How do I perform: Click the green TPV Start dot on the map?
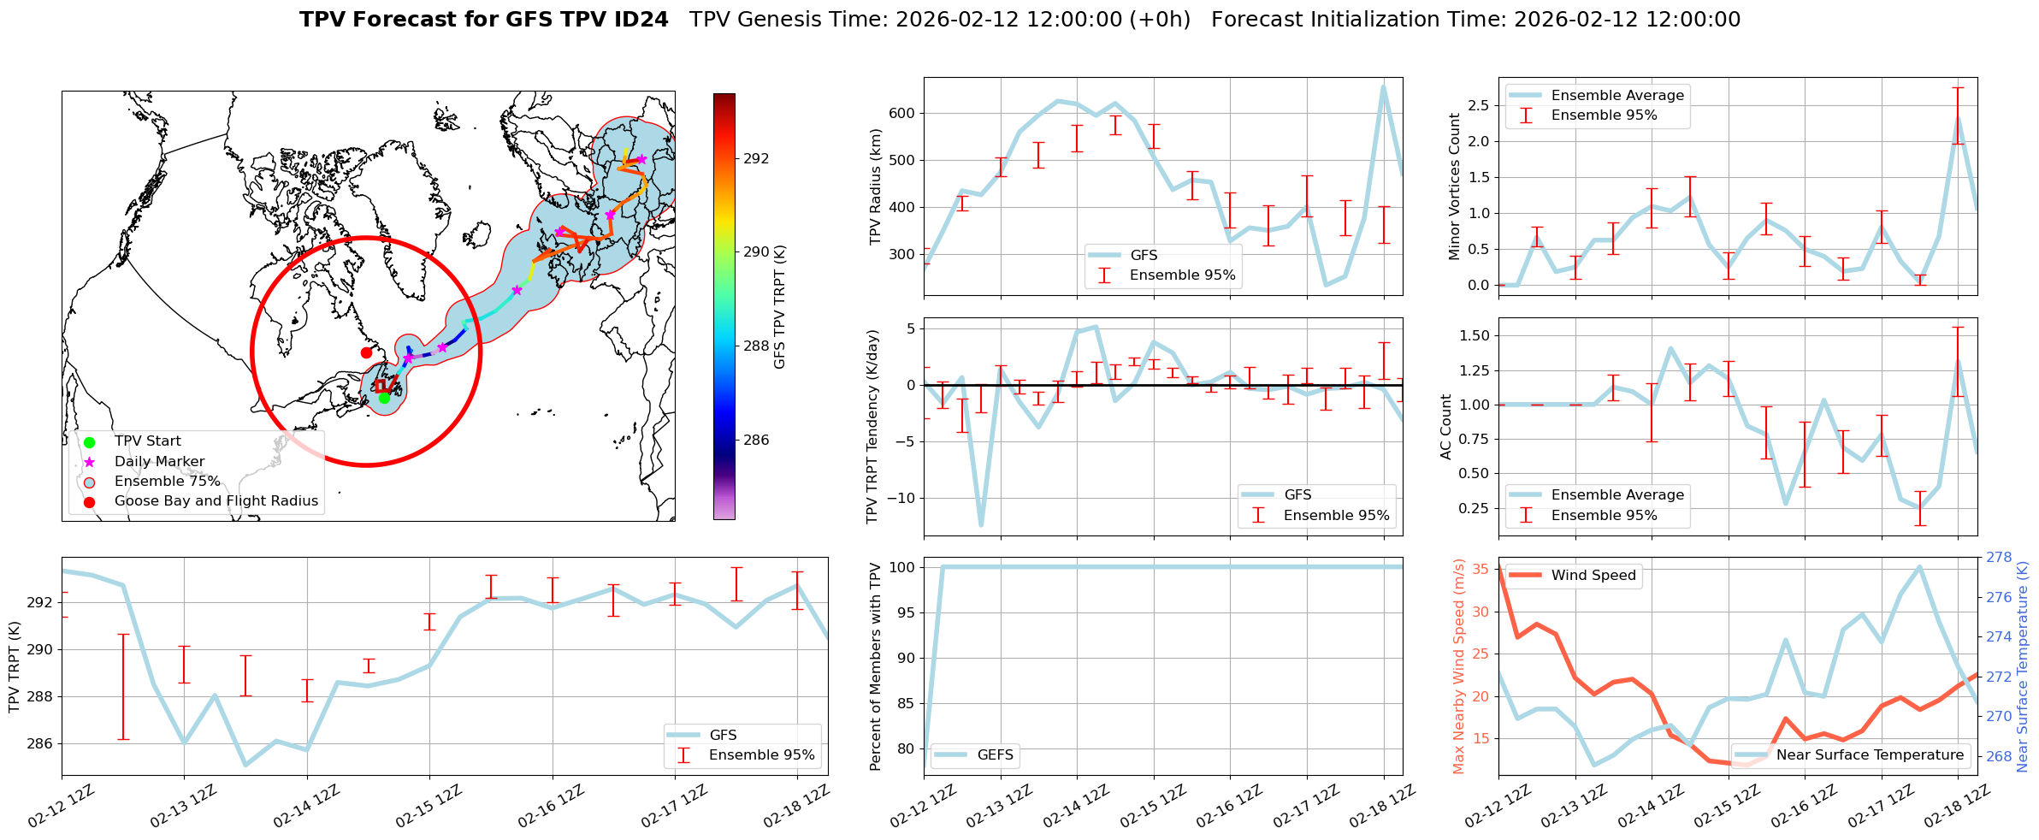click(x=384, y=398)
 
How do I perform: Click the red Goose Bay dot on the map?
click(x=366, y=352)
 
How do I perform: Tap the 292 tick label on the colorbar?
click(x=756, y=158)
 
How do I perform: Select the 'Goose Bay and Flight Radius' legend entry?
click(x=216, y=501)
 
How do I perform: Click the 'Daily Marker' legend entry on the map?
click(x=159, y=462)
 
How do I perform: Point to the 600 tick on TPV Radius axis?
click(x=902, y=113)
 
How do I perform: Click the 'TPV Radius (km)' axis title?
click(x=875, y=186)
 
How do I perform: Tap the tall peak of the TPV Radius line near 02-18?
click(x=1383, y=86)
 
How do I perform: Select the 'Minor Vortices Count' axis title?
click(x=1455, y=186)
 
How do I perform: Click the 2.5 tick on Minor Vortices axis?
click(x=1477, y=105)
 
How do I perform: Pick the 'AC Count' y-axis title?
click(x=1446, y=427)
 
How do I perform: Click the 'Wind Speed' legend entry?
click(x=1593, y=576)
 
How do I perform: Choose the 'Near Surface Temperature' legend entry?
click(x=1869, y=755)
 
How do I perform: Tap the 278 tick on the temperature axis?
click(x=1999, y=558)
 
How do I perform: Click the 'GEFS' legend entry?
click(x=995, y=755)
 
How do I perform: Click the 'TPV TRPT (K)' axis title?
click(x=14, y=667)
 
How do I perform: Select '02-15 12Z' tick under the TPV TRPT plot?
click(x=428, y=807)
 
